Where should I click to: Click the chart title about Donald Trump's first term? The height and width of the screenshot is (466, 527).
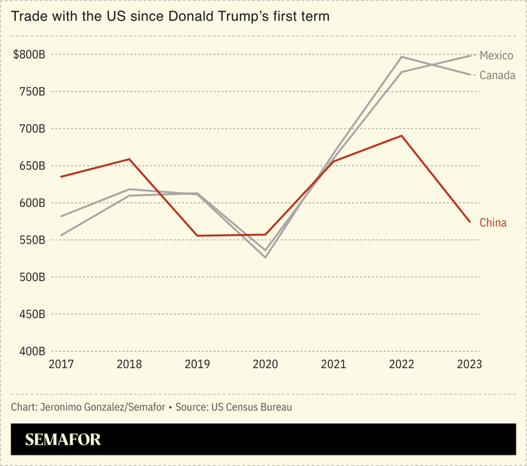[x=170, y=15]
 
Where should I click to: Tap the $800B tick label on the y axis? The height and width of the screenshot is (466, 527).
[x=29, y=54]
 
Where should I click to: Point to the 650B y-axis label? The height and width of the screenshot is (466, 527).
[x=31, y=166]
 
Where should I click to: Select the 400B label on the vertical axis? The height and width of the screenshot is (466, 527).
[x=31, y=352]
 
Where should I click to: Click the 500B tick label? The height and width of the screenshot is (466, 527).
[x=31, y=277]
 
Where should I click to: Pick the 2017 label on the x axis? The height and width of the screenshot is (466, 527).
[x=61, y=364]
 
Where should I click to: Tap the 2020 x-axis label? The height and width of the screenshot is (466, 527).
[x=265, y=364]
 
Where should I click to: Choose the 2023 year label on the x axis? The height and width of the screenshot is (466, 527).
[x=469, y=364]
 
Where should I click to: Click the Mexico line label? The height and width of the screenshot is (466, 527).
[x=496, y=55]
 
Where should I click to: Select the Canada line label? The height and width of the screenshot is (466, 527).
[x=497, y=75]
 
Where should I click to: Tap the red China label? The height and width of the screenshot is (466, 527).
[x=493, y=223]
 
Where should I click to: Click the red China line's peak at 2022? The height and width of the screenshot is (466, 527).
[x=401, y=136]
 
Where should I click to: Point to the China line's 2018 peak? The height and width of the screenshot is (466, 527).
[x=129, y=159]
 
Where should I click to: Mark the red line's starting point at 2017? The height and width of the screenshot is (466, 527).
[x=61, y=177]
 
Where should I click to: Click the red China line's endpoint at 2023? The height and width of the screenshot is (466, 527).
[x=470, y=222]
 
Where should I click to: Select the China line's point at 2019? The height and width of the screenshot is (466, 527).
[x=197, y=236]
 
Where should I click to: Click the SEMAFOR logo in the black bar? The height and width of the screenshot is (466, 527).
[x=63, y=440]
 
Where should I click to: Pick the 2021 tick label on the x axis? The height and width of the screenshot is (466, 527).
[x=333, y=364]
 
